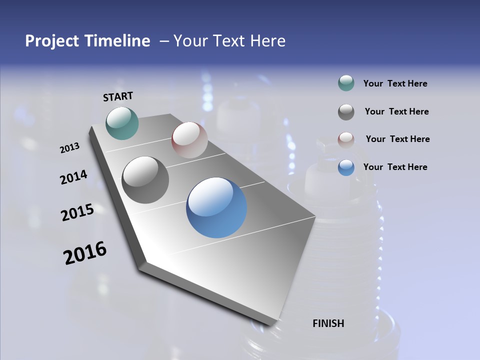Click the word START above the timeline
(118, 96)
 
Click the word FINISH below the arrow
(328, 323)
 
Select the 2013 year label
(69, 148)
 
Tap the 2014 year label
(73, 177)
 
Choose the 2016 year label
(85, 253)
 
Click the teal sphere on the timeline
(122, 123)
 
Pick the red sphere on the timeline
(189, 139)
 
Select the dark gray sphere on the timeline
(145, 180)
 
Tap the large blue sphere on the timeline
(216, 207)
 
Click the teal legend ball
(346, 83)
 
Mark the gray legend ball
(346, 112)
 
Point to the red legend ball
(346, 139)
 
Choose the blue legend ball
(346, 167)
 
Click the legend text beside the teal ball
(395, 84)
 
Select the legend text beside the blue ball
(395, 167)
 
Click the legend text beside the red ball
(397, 139)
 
